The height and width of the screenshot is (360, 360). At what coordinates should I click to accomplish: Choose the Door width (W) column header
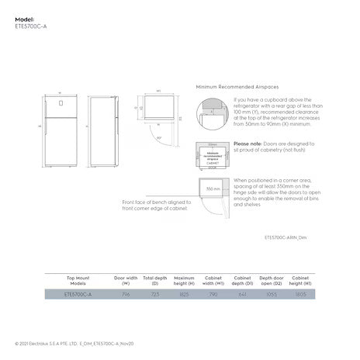click(126, 280)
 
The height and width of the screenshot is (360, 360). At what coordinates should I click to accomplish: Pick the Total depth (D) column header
click(154, 280)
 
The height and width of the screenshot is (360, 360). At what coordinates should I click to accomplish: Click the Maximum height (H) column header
click(184, 280)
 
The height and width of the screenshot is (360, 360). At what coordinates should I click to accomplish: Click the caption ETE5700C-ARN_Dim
click(286, 238)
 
